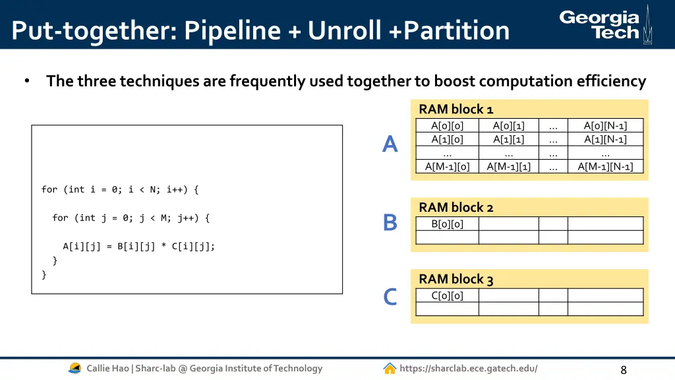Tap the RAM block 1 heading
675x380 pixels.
click(455, 109)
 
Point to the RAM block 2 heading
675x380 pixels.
click(455, 207)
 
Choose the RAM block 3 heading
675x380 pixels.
click(455, 279)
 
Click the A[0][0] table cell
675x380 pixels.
click(447, 125)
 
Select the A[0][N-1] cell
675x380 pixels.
click(605, 125)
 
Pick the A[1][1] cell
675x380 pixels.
click(508, 139)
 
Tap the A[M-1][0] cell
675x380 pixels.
click(447, 167)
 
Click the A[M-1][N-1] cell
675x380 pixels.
click(605, 167)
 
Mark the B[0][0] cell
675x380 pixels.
click(447, 224)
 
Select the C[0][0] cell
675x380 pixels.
click(447, 296)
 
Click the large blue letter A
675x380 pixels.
click(390, 144)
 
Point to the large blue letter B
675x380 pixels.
click(390, 223)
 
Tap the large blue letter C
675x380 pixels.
click(390, 298)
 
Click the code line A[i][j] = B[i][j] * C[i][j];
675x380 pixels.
click(138, 246)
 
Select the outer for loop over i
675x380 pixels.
click(119, 189)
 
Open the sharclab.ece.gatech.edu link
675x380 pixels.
click(468, 368)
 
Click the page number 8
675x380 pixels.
click(623, 370)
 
